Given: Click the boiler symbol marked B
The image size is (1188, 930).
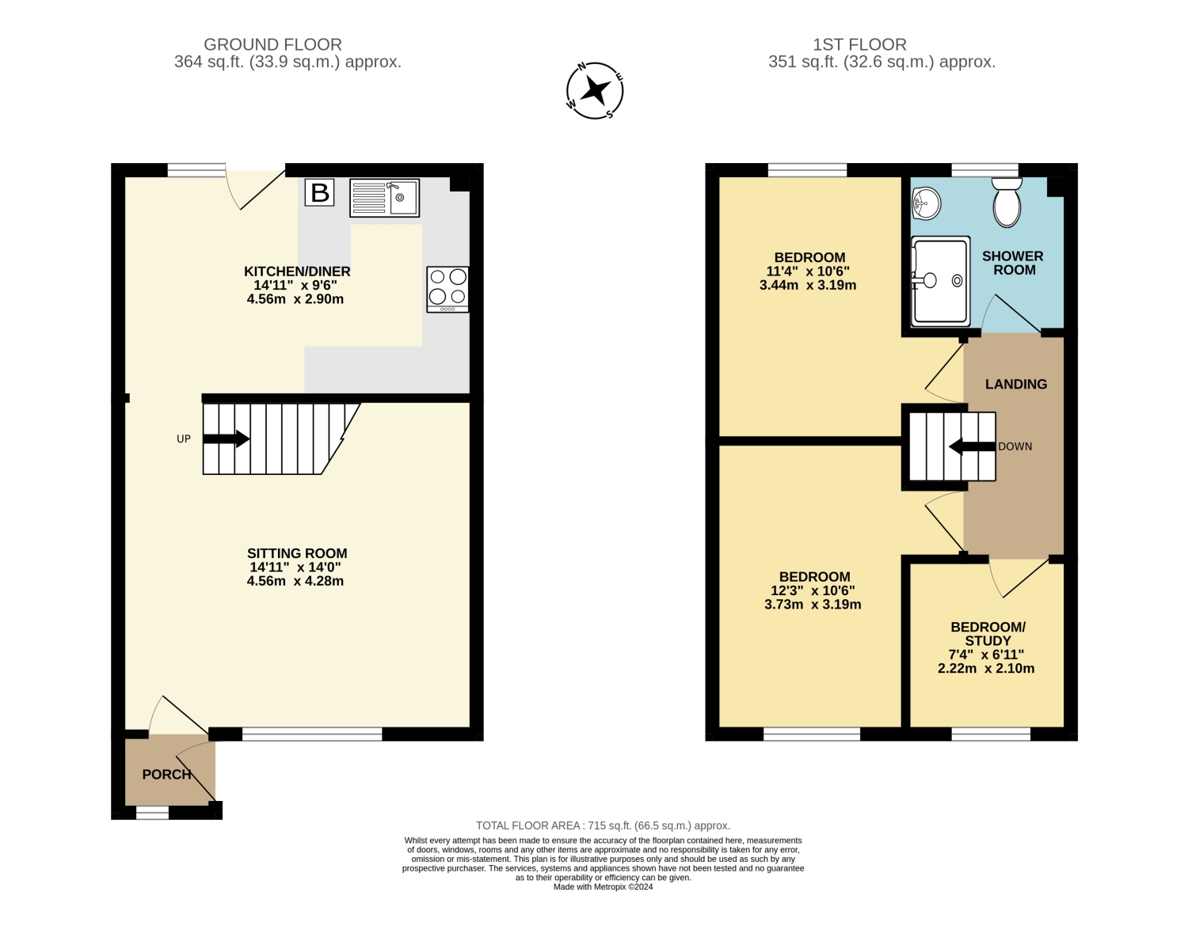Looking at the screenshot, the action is coord(319,193).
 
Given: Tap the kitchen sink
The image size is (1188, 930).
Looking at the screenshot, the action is coord(384,198).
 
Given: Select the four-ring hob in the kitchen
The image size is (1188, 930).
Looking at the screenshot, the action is coord(447,290).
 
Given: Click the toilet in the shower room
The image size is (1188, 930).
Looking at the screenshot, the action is coord(1007,202).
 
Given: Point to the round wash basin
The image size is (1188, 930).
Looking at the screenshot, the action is coord(926,203).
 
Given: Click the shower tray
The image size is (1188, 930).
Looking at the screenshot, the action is coord(940,281).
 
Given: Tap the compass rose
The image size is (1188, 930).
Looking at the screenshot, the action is coord(595,91).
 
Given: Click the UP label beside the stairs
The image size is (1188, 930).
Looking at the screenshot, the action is coord(184,438).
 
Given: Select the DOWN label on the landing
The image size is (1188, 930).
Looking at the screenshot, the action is coord(1015,446).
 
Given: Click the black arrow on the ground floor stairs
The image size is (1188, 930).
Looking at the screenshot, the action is coord(227,438).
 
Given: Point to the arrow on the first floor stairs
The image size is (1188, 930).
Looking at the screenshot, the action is coord(972,446).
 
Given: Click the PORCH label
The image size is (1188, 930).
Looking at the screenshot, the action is coord(167,774).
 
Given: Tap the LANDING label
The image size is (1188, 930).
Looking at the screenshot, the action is coord(1016,384).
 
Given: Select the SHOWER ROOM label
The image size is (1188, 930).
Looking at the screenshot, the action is coord(1013,263).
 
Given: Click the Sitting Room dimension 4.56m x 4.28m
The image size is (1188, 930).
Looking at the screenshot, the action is coord(295,581).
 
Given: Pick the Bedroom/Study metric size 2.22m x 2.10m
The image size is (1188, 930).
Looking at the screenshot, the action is coord(986,669).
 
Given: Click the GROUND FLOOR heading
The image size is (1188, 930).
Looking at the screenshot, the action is coord(272,44).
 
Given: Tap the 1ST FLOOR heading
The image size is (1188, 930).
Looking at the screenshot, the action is coord(859,44).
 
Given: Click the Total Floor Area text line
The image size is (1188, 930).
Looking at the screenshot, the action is coord(603,826).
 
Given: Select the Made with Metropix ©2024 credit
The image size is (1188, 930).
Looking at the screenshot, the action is coord(603,886).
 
